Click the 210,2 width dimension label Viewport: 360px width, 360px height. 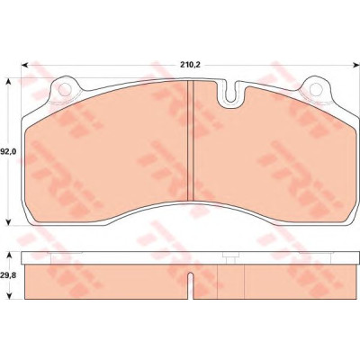(190, 65)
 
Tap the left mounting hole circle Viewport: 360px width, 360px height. (65, 89)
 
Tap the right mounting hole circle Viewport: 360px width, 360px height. (316, 89)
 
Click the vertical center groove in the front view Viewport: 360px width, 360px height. (190, 140)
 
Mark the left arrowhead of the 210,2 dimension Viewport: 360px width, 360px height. (24, 65)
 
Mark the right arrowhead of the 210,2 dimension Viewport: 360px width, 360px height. (355, 65)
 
